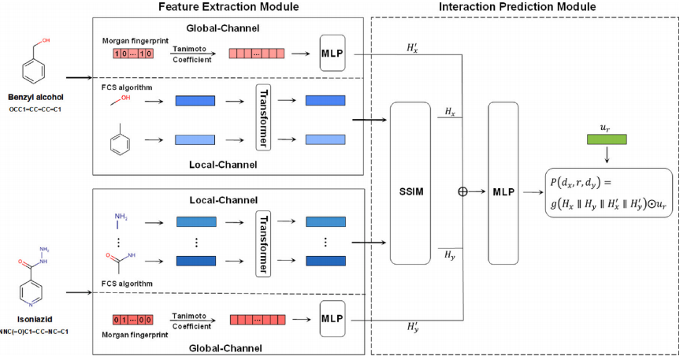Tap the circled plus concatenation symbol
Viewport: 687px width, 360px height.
click(464, 191)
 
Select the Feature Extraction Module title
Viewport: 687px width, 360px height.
click(229, 7)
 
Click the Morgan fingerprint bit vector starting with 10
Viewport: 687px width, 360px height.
click(127, 54)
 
